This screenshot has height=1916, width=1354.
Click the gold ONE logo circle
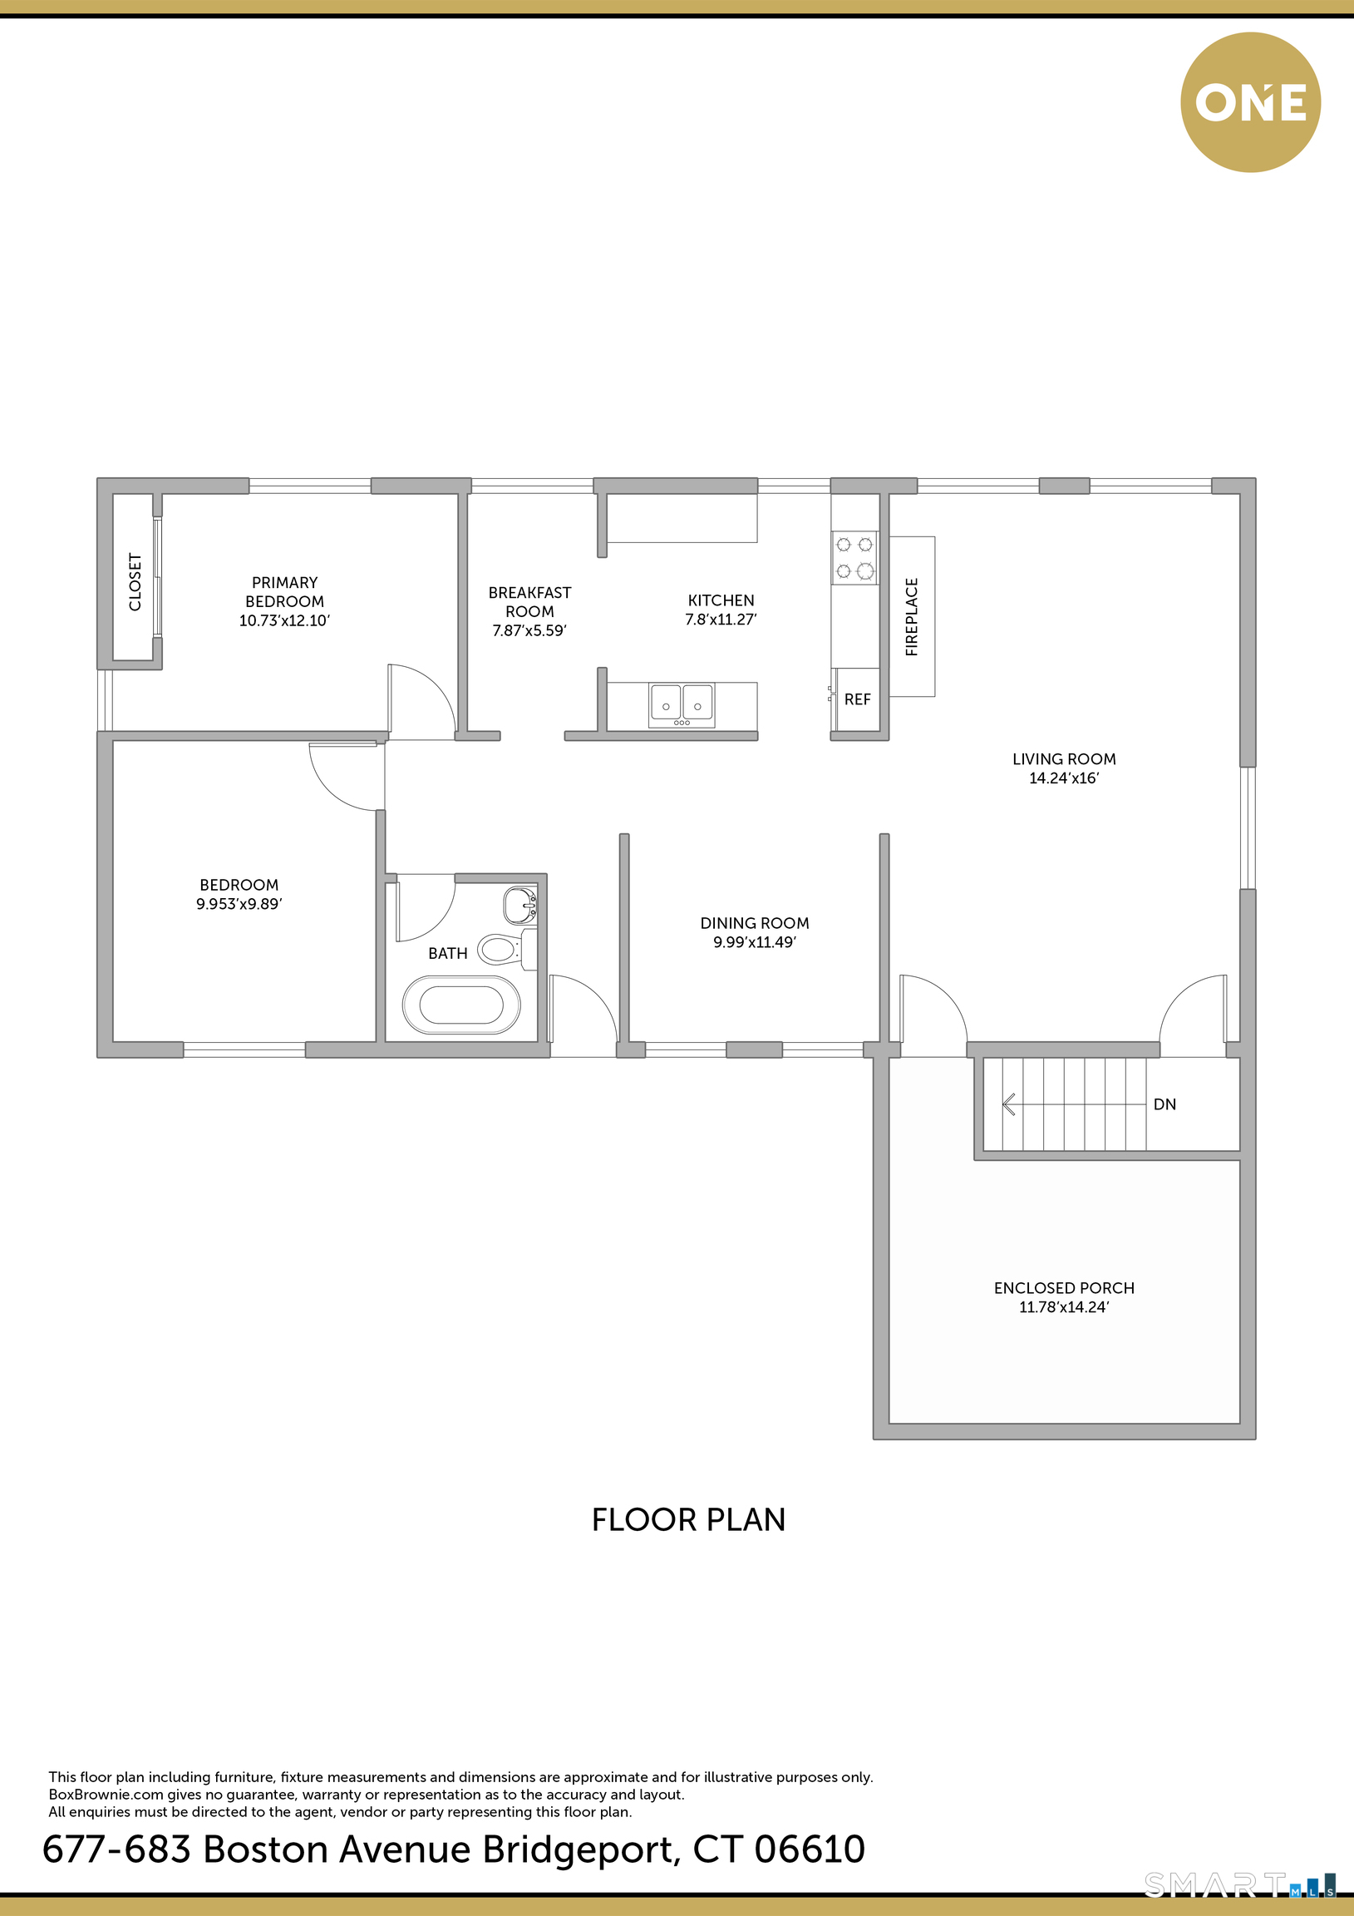[1250, 102]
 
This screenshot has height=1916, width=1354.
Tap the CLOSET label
[135, 581]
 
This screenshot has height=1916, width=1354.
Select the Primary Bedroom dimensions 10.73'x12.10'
[284, 620]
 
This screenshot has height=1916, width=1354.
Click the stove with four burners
[854, 557]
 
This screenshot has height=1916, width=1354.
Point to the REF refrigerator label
[857, 699]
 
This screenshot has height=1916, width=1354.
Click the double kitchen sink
[682, 704]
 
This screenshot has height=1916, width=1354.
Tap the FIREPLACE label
[911, 617]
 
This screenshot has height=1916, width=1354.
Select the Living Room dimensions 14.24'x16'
[1064, 778]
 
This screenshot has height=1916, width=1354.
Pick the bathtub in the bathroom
[461, 1005]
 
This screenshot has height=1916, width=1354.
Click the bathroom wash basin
[520, 905]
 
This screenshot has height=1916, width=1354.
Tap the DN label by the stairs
[1164, 1104]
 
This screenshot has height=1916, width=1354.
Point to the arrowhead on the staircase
[1007, 1105]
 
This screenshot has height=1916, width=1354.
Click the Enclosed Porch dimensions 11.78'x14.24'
[1064, 1306]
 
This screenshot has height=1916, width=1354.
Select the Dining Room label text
[754, 923]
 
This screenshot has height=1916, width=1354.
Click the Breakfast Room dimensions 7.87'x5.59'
[529, 630]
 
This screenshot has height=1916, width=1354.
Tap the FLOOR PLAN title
[688, 1519]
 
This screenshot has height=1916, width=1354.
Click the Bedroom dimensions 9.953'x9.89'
[239, 904]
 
